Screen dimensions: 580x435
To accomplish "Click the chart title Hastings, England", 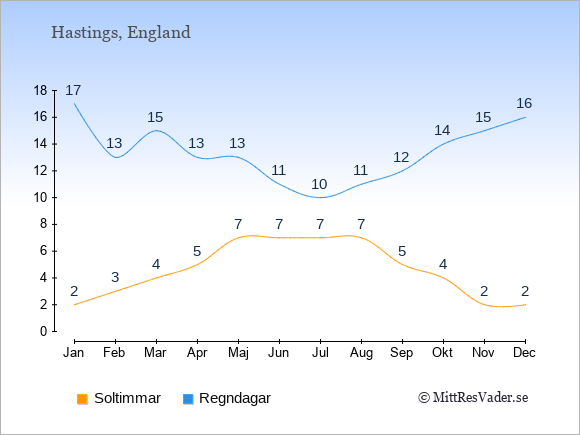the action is coord(121,33).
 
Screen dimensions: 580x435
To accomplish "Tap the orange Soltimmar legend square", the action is coord(82,399).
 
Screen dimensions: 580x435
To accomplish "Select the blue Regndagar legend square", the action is coord(188,399).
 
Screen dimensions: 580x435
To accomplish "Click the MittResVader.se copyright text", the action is coord(473,398).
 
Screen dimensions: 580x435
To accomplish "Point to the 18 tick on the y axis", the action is coord(41,90).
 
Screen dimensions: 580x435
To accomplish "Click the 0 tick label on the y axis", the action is coord(44,331).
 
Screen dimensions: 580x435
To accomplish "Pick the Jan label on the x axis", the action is coord(74,353).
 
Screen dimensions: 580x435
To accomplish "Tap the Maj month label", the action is coord(238,353).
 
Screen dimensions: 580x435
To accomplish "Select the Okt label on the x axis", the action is coord(442,353).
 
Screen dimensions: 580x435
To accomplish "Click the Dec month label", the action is coord(525,353).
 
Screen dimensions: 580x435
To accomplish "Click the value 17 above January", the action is coord(73,90).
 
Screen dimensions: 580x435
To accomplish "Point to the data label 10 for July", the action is coord(319,184).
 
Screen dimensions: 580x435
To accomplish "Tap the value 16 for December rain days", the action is coord(524,103).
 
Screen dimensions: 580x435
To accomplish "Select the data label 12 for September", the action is coord(401,157).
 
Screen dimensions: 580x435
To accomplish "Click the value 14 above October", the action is coord(442,130).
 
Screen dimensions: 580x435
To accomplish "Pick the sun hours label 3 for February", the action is coord(115,277).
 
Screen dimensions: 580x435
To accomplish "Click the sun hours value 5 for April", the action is coord(197,252).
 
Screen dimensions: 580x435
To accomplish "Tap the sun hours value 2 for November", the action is coord(484,291).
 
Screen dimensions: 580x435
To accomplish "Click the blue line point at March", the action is coord(156,131).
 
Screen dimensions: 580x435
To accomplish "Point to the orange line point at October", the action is coord(443,278).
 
